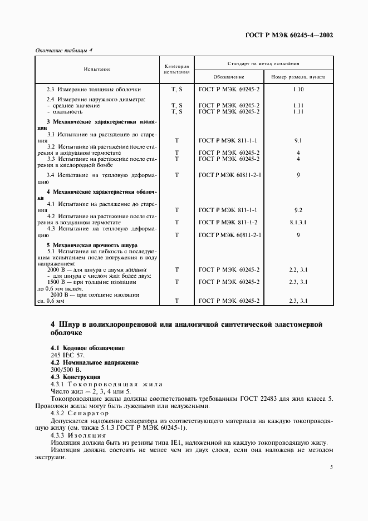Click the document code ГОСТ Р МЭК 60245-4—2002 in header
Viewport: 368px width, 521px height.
click(x=289, y=35)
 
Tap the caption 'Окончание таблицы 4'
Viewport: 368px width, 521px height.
click(x=64, y=50)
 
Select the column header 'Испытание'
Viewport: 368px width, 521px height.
click(x=97, y=69)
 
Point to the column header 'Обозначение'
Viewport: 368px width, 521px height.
click(x=229, y=77)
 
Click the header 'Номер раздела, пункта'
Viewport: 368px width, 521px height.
click(x=298, y=77)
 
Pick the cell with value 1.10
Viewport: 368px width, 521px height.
click(x=298, y=89)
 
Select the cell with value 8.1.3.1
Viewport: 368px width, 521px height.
click(x=298, y=222)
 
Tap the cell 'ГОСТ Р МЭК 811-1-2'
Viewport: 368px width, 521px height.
click(x=229, y=222)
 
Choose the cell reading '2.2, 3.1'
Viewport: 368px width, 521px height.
click(x=298, y=269)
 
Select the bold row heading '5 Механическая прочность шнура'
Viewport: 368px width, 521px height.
click(x=92, y=245)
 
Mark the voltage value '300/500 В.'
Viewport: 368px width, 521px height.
click(x=66, y=370)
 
